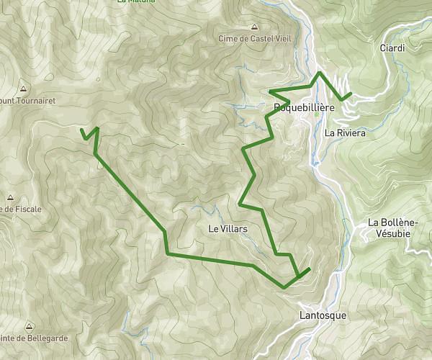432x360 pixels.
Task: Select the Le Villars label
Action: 228,229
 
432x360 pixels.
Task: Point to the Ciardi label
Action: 392,48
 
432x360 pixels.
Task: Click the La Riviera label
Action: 346,133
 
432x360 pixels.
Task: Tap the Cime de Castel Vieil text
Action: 253,38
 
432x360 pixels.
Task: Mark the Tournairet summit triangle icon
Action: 23,90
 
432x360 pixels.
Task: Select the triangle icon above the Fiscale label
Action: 11,197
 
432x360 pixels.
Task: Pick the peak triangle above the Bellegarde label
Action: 29,326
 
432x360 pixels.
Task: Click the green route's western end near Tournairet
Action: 81,130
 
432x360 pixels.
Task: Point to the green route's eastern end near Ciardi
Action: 351,94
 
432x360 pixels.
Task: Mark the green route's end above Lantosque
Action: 310,269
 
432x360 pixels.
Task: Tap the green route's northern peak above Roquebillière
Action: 320,73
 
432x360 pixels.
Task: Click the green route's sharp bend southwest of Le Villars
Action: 167,254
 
